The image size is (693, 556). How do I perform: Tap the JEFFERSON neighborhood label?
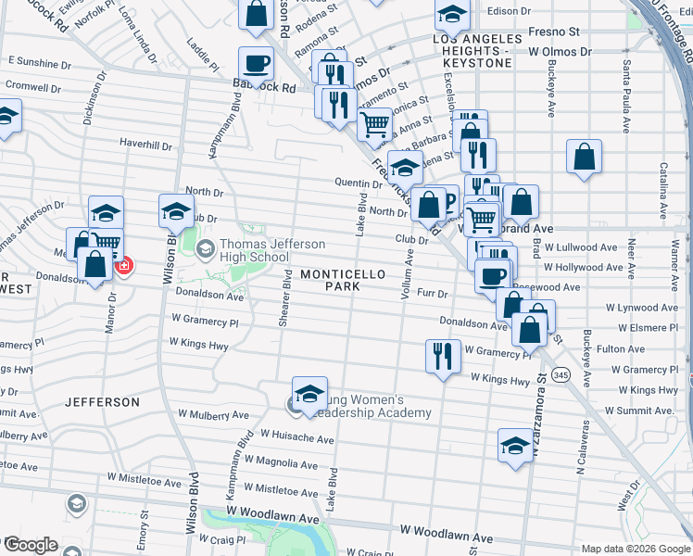click(x=102, y=402)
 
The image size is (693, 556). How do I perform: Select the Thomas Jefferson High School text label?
click(x=272, y=250)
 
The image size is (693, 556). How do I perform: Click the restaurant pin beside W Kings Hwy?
click(x=443, y=355)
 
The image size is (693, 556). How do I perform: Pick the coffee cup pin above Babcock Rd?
click(x=256, y=64)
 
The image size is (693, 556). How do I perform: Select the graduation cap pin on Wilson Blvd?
click(x=175, y=211)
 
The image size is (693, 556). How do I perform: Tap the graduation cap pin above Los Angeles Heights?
click(x=452, y=14)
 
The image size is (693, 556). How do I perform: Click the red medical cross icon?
click(x=122, y=268)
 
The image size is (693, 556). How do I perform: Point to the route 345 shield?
click(x=559, y=374)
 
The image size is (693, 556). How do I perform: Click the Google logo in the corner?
click(x=31, y=545)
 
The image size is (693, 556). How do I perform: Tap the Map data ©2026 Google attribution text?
click(x=636, y=549)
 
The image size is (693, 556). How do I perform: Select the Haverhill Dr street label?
click(x=145, y=145)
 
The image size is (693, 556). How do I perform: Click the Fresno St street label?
click(x=554, y=31)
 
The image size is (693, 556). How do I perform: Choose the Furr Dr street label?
click(x=431, y=294)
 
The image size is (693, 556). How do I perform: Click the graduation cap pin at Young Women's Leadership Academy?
click(x=309, y=392)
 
